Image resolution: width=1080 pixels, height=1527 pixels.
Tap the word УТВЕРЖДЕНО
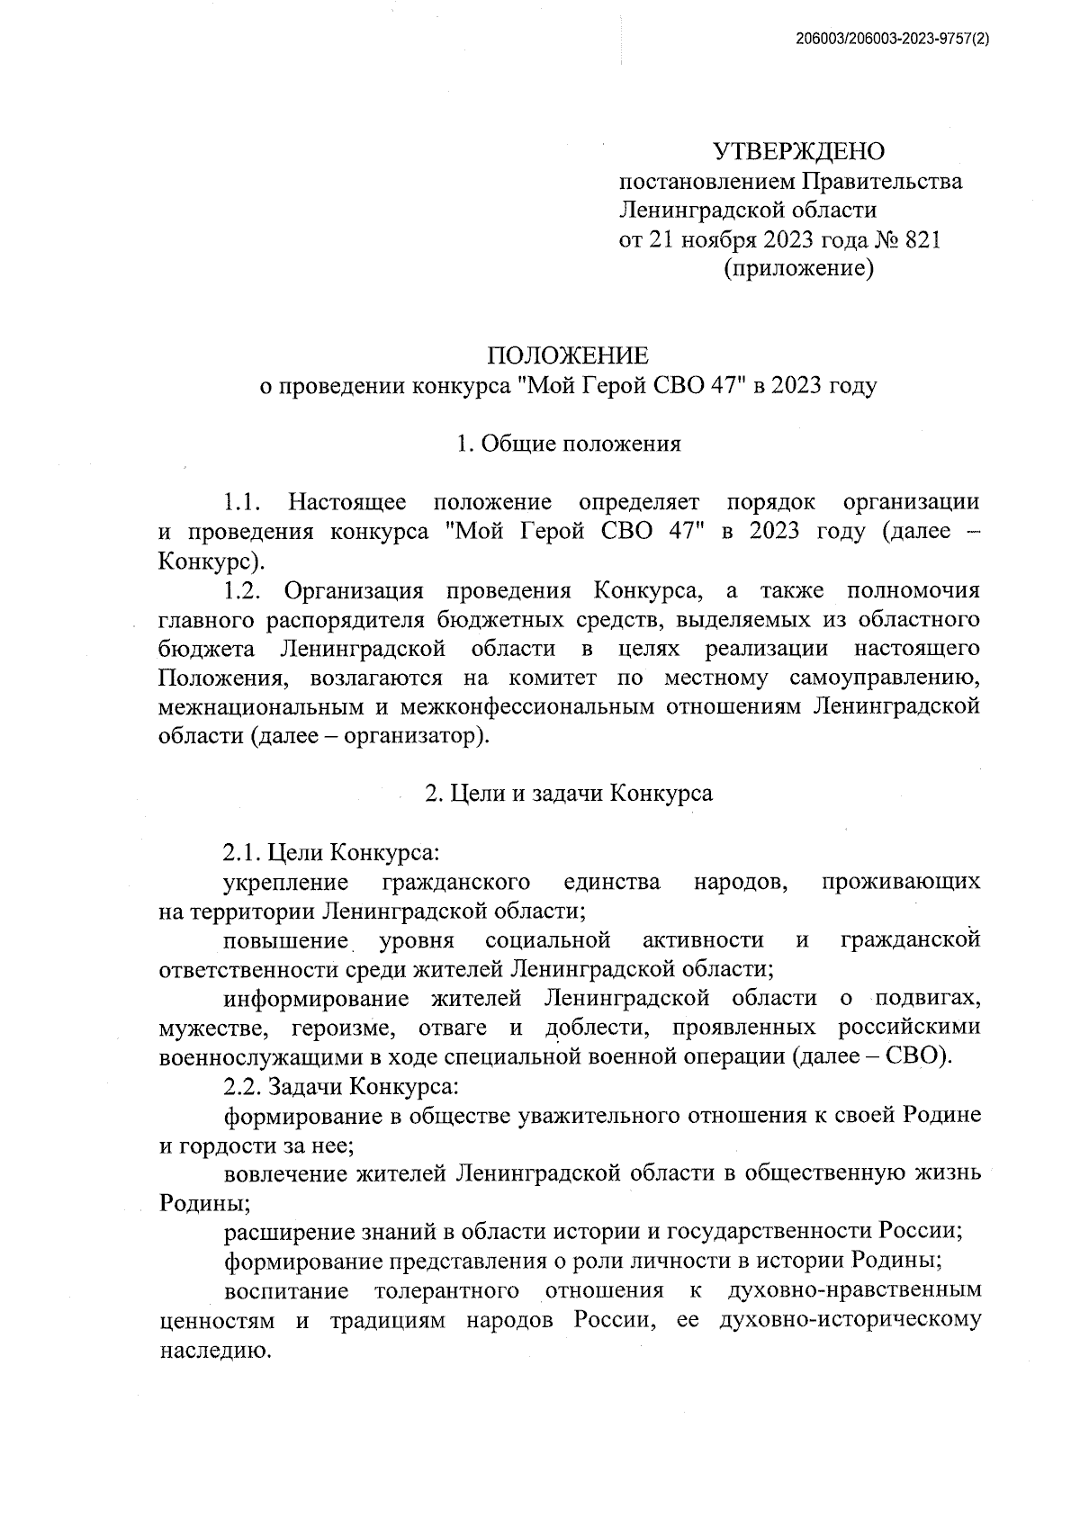[x=798, y=152]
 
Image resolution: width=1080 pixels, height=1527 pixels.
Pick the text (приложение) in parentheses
[x=799, y=269]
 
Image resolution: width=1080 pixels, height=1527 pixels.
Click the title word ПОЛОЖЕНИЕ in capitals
[x=567, y=356]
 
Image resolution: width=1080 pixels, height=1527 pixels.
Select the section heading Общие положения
[x=580, y=444]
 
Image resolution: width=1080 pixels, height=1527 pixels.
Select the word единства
[x=611, y=882]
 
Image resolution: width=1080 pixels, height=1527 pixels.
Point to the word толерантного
[x=445, y=1291]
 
